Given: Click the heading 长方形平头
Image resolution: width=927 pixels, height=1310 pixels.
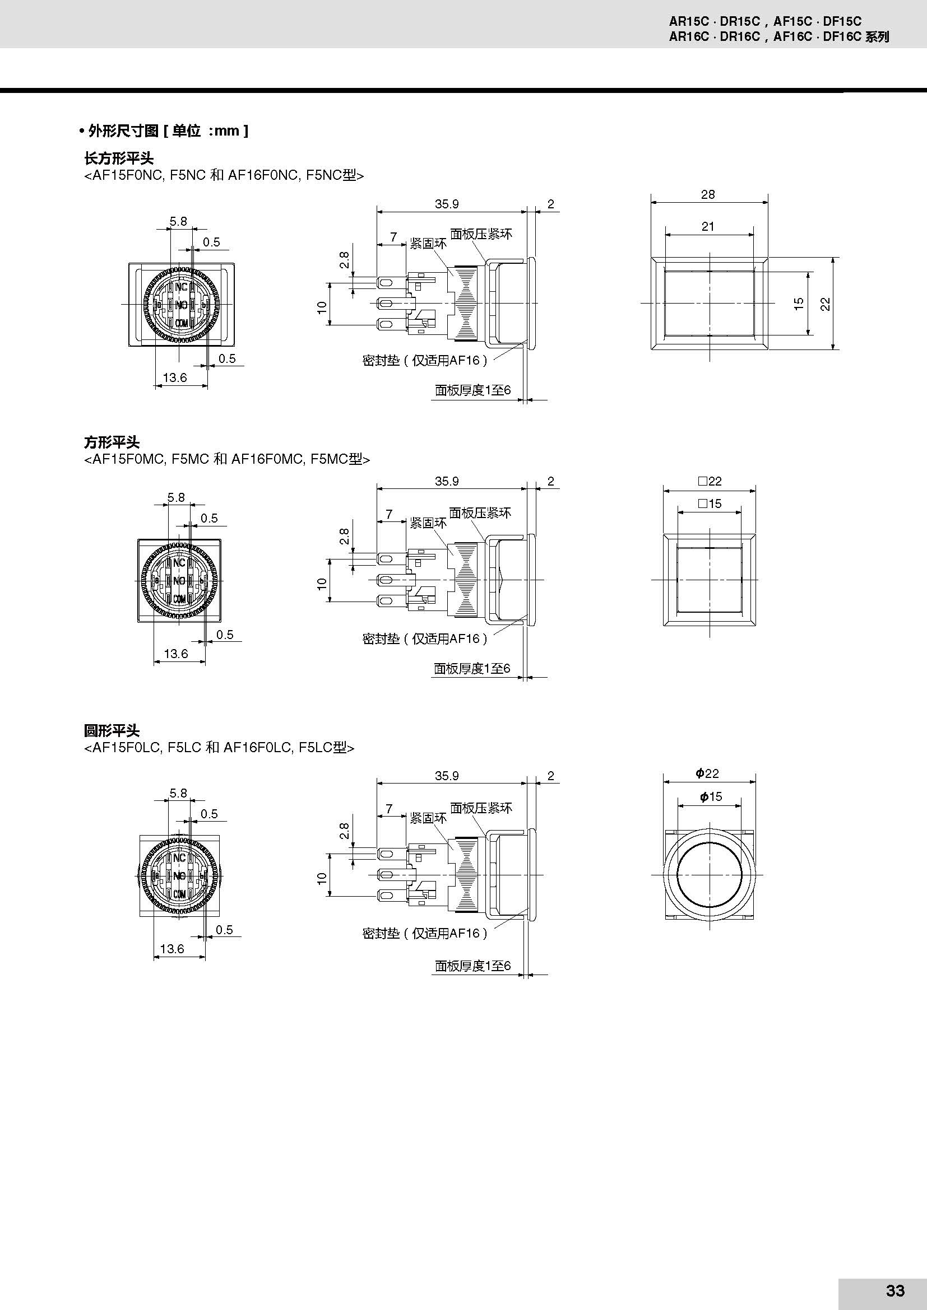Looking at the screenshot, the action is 119,158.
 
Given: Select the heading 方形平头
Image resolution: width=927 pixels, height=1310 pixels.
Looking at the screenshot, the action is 112,442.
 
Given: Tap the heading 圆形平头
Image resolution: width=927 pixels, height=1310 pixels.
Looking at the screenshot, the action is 112,731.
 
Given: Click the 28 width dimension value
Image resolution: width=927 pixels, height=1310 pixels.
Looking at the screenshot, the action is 708,194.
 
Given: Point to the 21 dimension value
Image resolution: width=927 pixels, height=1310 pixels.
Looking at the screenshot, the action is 708,226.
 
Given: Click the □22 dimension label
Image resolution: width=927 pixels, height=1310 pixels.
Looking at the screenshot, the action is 710,481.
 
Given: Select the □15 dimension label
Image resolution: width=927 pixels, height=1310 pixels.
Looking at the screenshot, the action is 710,504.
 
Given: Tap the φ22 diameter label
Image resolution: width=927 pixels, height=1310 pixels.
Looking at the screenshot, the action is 707,773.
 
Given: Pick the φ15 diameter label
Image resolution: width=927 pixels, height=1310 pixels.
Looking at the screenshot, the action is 711,796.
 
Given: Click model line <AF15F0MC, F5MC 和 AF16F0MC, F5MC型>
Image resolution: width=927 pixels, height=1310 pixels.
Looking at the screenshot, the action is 227,459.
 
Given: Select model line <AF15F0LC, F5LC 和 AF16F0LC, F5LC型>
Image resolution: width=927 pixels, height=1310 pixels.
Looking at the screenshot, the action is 219,748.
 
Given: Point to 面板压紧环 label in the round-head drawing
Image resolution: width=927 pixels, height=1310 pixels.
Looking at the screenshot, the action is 481,808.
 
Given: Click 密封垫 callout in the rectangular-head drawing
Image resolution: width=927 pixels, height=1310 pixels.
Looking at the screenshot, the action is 425,360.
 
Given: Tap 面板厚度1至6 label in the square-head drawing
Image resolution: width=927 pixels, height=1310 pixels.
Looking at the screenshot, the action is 472,668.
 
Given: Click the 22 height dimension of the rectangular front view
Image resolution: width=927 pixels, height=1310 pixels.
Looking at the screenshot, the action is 826,304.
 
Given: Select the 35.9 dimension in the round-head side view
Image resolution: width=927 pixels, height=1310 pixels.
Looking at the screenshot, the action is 447,775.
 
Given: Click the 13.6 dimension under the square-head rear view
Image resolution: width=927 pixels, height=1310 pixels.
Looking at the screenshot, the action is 176,653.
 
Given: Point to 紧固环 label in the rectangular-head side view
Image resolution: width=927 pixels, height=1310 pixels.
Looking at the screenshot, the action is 428,244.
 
